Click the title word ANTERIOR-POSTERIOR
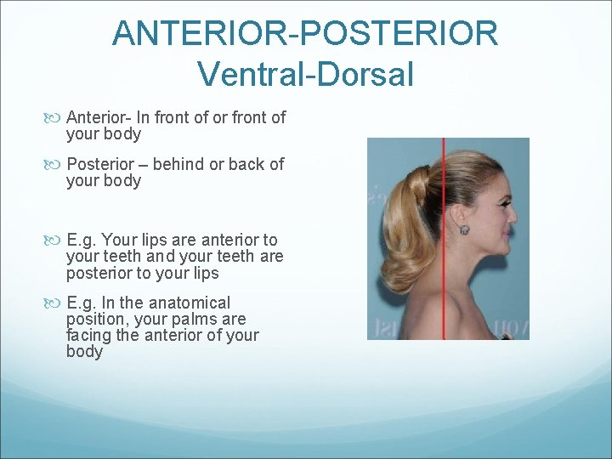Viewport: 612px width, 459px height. pos(305,33)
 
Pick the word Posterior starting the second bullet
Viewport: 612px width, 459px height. pos(101,164)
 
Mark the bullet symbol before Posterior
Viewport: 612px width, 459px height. pos(56,164)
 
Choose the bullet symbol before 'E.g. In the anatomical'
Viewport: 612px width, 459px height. pos(56,303)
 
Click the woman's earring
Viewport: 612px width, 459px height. pos(465,229)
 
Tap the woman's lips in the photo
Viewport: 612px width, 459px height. pos(507,232)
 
